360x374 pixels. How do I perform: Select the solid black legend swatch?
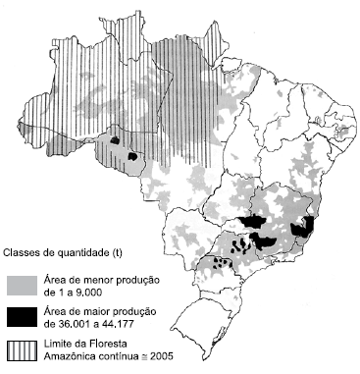coord(20,317)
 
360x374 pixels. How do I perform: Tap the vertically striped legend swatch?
coord(20,349)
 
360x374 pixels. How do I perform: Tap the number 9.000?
coord(87,292)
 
